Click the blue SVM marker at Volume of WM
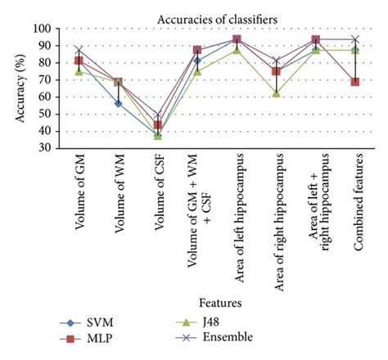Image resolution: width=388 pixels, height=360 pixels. coord(118,103)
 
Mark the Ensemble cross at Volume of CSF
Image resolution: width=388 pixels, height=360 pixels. coord(157,115)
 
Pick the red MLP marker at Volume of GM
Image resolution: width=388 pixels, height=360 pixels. coord(79,61)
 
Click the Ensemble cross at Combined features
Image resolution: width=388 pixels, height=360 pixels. coord(354,38)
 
